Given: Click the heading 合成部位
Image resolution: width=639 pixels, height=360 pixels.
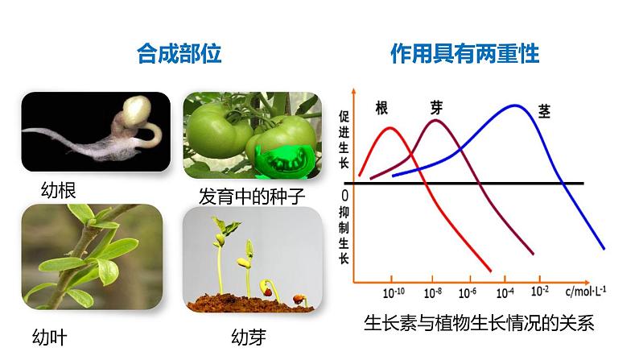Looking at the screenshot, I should click(179, 55).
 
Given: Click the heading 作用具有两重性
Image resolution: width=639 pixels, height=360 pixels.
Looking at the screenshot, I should click(464, 55).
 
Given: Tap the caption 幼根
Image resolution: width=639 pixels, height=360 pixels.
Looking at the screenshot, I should click(62, 190).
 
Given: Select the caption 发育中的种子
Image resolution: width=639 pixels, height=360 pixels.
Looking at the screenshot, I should click(253, 197).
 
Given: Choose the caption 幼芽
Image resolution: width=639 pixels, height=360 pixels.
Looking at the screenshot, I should click(249, 337).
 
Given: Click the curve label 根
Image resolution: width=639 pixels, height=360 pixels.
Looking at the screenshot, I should click(382, 108).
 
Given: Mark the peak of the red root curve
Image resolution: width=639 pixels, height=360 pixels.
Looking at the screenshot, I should click(390, 128).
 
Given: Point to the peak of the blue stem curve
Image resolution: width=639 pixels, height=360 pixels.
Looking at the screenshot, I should click(514, 106).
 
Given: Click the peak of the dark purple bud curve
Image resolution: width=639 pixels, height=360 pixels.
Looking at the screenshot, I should click(437, 121).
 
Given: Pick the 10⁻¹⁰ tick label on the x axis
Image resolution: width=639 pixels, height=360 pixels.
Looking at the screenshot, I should click(394, 293).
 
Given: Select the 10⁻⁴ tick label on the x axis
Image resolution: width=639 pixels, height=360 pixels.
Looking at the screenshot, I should click(505, 293).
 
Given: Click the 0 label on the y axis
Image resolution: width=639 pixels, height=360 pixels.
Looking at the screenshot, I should click(344, 196).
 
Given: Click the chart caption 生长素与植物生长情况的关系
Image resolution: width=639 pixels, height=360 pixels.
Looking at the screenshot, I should click(478, 324).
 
